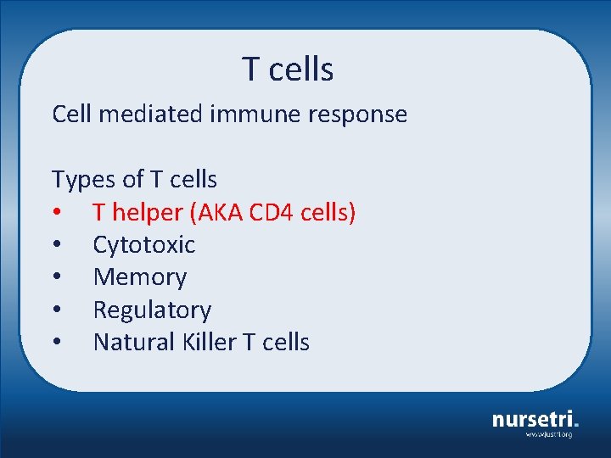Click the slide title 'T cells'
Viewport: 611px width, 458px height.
point(288,69)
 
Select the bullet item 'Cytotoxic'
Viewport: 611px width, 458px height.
point(143,245)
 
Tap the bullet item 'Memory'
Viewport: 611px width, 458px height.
point(140,277)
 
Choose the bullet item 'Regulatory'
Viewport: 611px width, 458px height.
point(152,310)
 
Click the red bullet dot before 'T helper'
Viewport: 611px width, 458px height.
point(56,213)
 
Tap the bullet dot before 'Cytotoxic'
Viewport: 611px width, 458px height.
point(56,245)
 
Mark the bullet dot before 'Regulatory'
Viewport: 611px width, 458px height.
point(56,310)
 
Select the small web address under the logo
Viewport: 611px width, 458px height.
point(548,434)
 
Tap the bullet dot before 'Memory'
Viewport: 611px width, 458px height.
point(56,277)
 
